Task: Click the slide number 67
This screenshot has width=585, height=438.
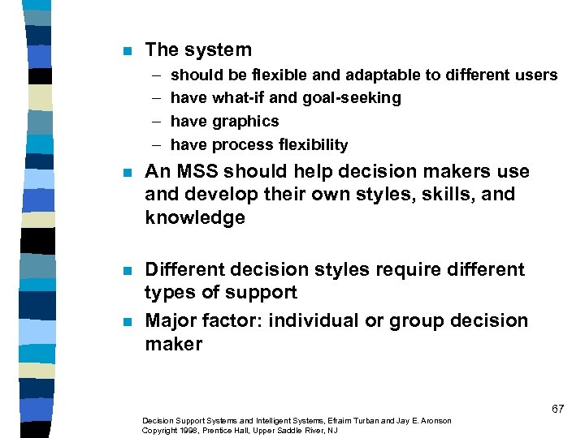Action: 557,409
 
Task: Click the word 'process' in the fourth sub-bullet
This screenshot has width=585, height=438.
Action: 242,145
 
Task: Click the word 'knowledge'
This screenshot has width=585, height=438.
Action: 195,218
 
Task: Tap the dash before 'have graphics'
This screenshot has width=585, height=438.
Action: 154,122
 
